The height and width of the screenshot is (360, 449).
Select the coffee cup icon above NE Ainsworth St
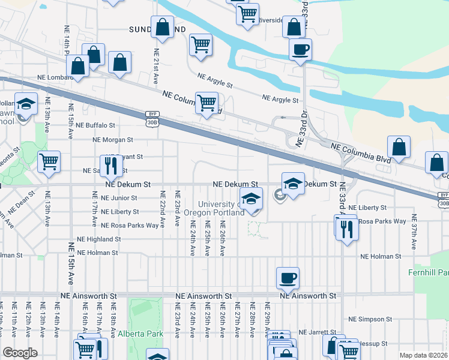point(288,278)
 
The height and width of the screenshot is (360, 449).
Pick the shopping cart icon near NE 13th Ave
point(49,161)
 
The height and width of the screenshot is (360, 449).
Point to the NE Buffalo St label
point(94,125)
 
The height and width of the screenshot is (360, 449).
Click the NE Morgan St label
point(112,140)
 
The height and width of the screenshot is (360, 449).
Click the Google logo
point(20,353)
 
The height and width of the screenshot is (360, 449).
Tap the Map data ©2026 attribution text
point(423,355)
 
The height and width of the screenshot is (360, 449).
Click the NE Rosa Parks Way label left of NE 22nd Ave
point(130,226)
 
